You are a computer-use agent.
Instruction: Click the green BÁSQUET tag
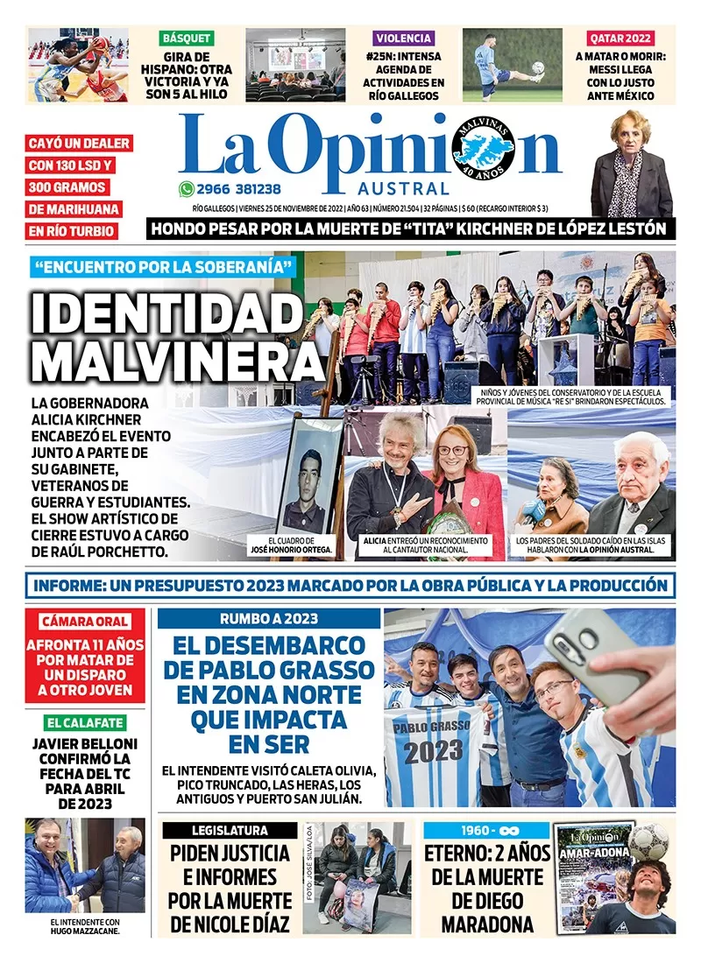point(187,39)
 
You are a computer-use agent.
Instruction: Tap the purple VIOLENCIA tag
point(403,39)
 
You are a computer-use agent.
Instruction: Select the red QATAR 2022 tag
point(620,39)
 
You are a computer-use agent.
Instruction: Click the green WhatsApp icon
point(186,189)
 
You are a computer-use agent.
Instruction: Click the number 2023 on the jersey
point(433,750)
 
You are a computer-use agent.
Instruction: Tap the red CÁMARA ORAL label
point(85,622)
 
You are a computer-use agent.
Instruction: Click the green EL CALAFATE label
point(85,723)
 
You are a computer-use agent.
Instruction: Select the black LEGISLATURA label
point(230,830)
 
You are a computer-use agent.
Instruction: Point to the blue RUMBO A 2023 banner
point(269,619)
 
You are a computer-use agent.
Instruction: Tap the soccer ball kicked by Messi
point(537,67)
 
